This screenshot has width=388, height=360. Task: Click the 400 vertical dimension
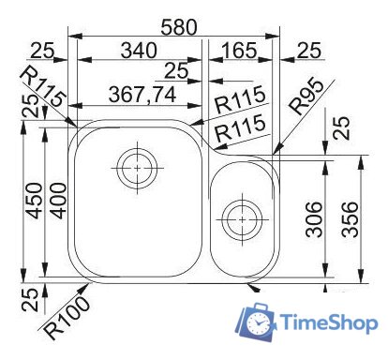(58, 201)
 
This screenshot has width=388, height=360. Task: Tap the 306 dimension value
(316, 221)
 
